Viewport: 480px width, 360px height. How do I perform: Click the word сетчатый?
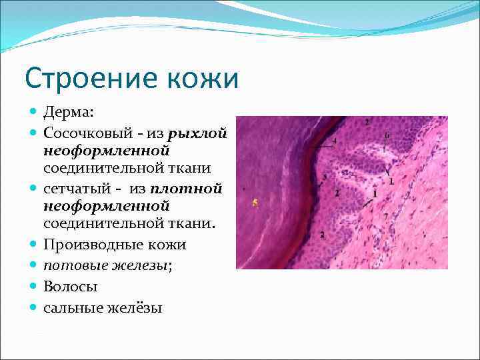pos(77,189)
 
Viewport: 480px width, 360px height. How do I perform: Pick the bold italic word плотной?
pos(193,189)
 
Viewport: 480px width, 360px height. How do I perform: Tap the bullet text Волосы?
pos(71,287)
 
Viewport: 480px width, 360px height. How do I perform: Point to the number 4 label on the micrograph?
pos(334,141)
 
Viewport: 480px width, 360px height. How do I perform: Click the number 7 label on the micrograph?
pos(385,217)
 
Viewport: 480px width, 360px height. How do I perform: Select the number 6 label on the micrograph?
pos(386,135)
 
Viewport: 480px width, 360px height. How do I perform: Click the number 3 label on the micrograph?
pos(324,177)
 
